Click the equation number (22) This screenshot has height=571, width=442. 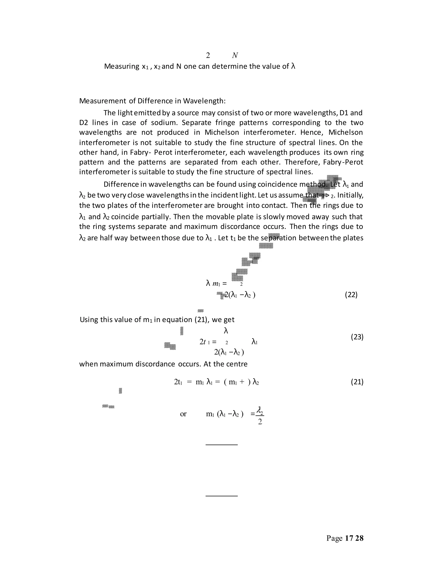351,295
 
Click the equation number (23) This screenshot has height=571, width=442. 357,337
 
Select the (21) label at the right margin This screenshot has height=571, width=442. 357,382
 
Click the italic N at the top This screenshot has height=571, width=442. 235,55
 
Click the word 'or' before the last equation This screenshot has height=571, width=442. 183,414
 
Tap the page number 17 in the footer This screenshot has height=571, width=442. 349,538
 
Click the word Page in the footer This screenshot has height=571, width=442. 334,538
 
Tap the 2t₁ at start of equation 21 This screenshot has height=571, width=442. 178,382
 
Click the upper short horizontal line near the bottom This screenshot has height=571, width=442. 221,445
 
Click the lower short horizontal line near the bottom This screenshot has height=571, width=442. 221,496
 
